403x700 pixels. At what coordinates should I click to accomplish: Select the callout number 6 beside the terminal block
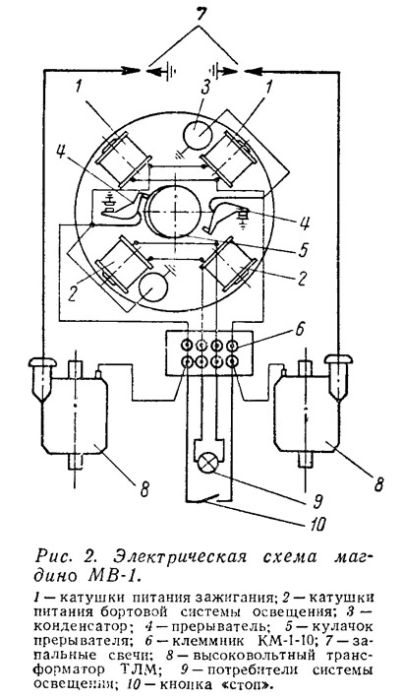299,331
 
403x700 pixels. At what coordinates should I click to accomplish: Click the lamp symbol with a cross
206,463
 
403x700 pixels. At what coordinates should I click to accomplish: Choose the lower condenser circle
153,287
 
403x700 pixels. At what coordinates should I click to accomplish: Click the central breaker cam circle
175,212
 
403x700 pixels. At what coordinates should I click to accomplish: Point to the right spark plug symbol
339,375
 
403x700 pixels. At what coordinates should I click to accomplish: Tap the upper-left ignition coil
123,159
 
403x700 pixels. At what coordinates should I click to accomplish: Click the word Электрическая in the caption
179,558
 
